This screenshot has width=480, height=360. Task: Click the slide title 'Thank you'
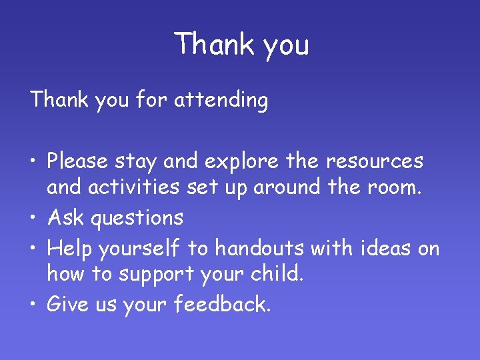tap(241, 45)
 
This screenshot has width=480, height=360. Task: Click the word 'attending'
tap(221, 101)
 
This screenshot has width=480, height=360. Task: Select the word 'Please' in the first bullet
tap(78, 161)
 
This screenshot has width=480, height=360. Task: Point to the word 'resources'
tap(375, 161)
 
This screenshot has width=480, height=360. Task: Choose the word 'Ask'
tap(66, 217)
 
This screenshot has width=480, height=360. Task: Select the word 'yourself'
tap(139, 249)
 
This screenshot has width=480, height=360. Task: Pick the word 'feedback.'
tap(223, 305)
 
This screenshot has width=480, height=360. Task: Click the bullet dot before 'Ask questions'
tap(34, 218)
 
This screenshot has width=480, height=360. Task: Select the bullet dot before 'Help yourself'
tap(34, 249)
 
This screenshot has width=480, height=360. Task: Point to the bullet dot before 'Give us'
tap(34, 305)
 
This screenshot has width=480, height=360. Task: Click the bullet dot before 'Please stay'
tap(34, 162)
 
